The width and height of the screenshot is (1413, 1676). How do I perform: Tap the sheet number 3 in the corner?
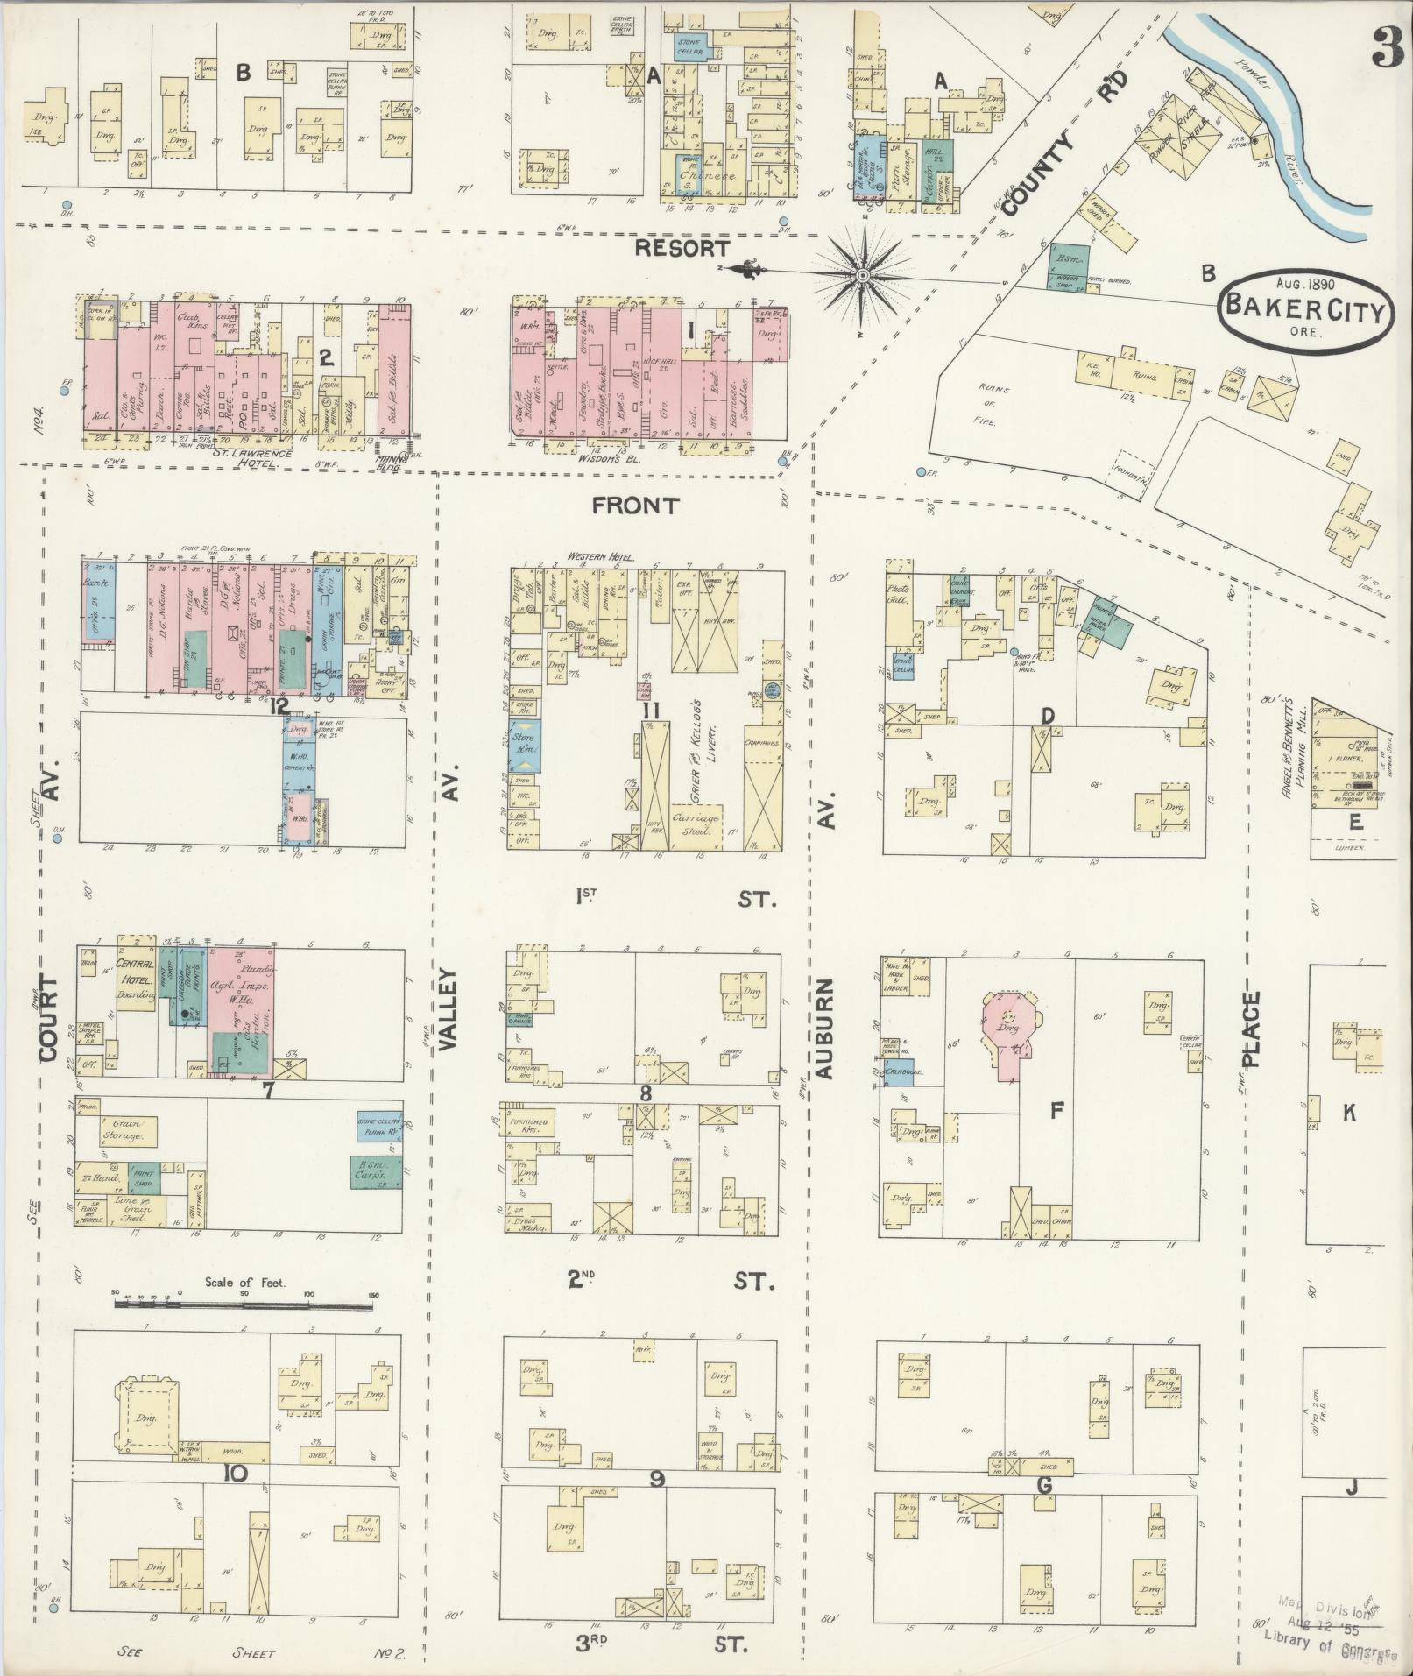pos(1386,46)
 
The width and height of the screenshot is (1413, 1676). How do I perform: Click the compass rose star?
pos(863,276)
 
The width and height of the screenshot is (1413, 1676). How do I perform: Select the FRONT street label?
pos(635,506)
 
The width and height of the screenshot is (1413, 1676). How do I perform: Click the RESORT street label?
pos(681,249)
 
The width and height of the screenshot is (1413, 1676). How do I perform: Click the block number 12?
pos(280,706)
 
